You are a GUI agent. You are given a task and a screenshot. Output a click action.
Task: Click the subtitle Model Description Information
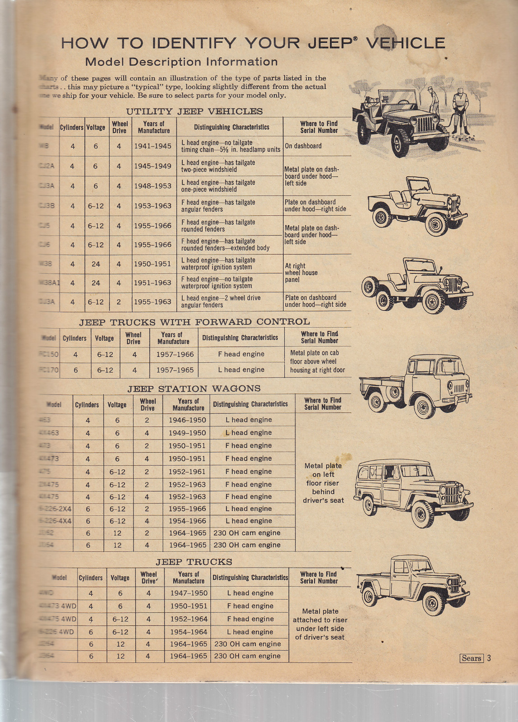pyautogui.click(x=181, y=62)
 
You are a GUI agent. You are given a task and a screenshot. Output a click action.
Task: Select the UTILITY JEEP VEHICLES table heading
pyautogui.click(x=194, y=111)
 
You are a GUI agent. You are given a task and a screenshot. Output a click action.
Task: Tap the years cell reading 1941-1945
pyautogui.click(x=153, y=146)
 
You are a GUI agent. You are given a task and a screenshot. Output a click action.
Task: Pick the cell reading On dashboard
pyautogui.click(x=303, y=146)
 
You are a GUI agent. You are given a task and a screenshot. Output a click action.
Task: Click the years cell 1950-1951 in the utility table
pyautogui.click(x=153, y=264)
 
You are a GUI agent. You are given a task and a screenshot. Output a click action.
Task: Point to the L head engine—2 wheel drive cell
pyautogui.click(x=221, y=301)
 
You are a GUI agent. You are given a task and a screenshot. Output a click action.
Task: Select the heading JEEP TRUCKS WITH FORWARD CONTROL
pyautogui.click(x=194, y=322)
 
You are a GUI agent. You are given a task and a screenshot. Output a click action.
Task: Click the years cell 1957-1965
pyautogui.click(x=175, y=370)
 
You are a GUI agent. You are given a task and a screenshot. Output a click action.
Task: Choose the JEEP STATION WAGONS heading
pyautogui.click(x=194, y=389)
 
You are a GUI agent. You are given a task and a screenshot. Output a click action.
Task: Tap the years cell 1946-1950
pyautogui.click(x=187, y=420)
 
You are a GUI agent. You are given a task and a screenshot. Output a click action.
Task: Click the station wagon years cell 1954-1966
pyautogui.click(x=187, y=521)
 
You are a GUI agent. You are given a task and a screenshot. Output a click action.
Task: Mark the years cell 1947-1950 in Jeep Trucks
pyautogui.click(x=189, y=593)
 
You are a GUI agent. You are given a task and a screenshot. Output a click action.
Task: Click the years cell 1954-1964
pyautogui.click(x=189, y=632)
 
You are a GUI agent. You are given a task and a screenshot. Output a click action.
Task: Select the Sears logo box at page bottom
pyautogui.click(x=472, y=658)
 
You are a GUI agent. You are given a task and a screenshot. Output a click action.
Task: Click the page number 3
pyautogui.click(x=489, y=658)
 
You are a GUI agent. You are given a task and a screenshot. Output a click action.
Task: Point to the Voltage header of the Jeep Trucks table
pyautogui.click(x=120, y=578)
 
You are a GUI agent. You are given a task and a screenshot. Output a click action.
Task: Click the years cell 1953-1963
pyautogui.click(x=153, y=206)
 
